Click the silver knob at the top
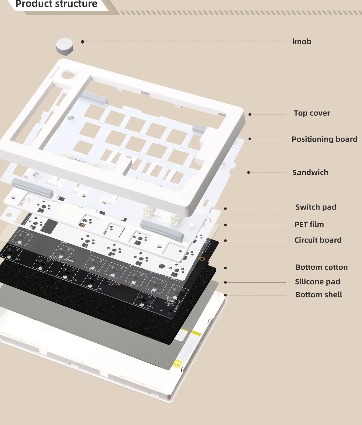coord(64,46)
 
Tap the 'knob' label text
coord(302,42)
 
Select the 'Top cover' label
coord(312,113)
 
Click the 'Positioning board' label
coord(324,139)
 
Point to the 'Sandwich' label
coord(310,172)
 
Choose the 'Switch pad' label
coord(316,207)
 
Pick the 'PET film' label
coord(309,224)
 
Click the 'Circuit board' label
coord(318,240)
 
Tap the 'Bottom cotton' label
coord(321,267)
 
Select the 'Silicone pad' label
coord(317,282)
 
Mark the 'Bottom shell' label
coord(319,295)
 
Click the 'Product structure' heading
coord(56,4)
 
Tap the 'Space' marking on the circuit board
coord(150,306)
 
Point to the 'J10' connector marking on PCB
coord(111,285)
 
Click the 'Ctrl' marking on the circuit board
coord(50,271)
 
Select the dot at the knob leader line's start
coord(83,42)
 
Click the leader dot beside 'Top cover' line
coord(250,114)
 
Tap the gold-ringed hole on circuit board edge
coord(202,258)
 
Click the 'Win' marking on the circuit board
coord(74,280)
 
